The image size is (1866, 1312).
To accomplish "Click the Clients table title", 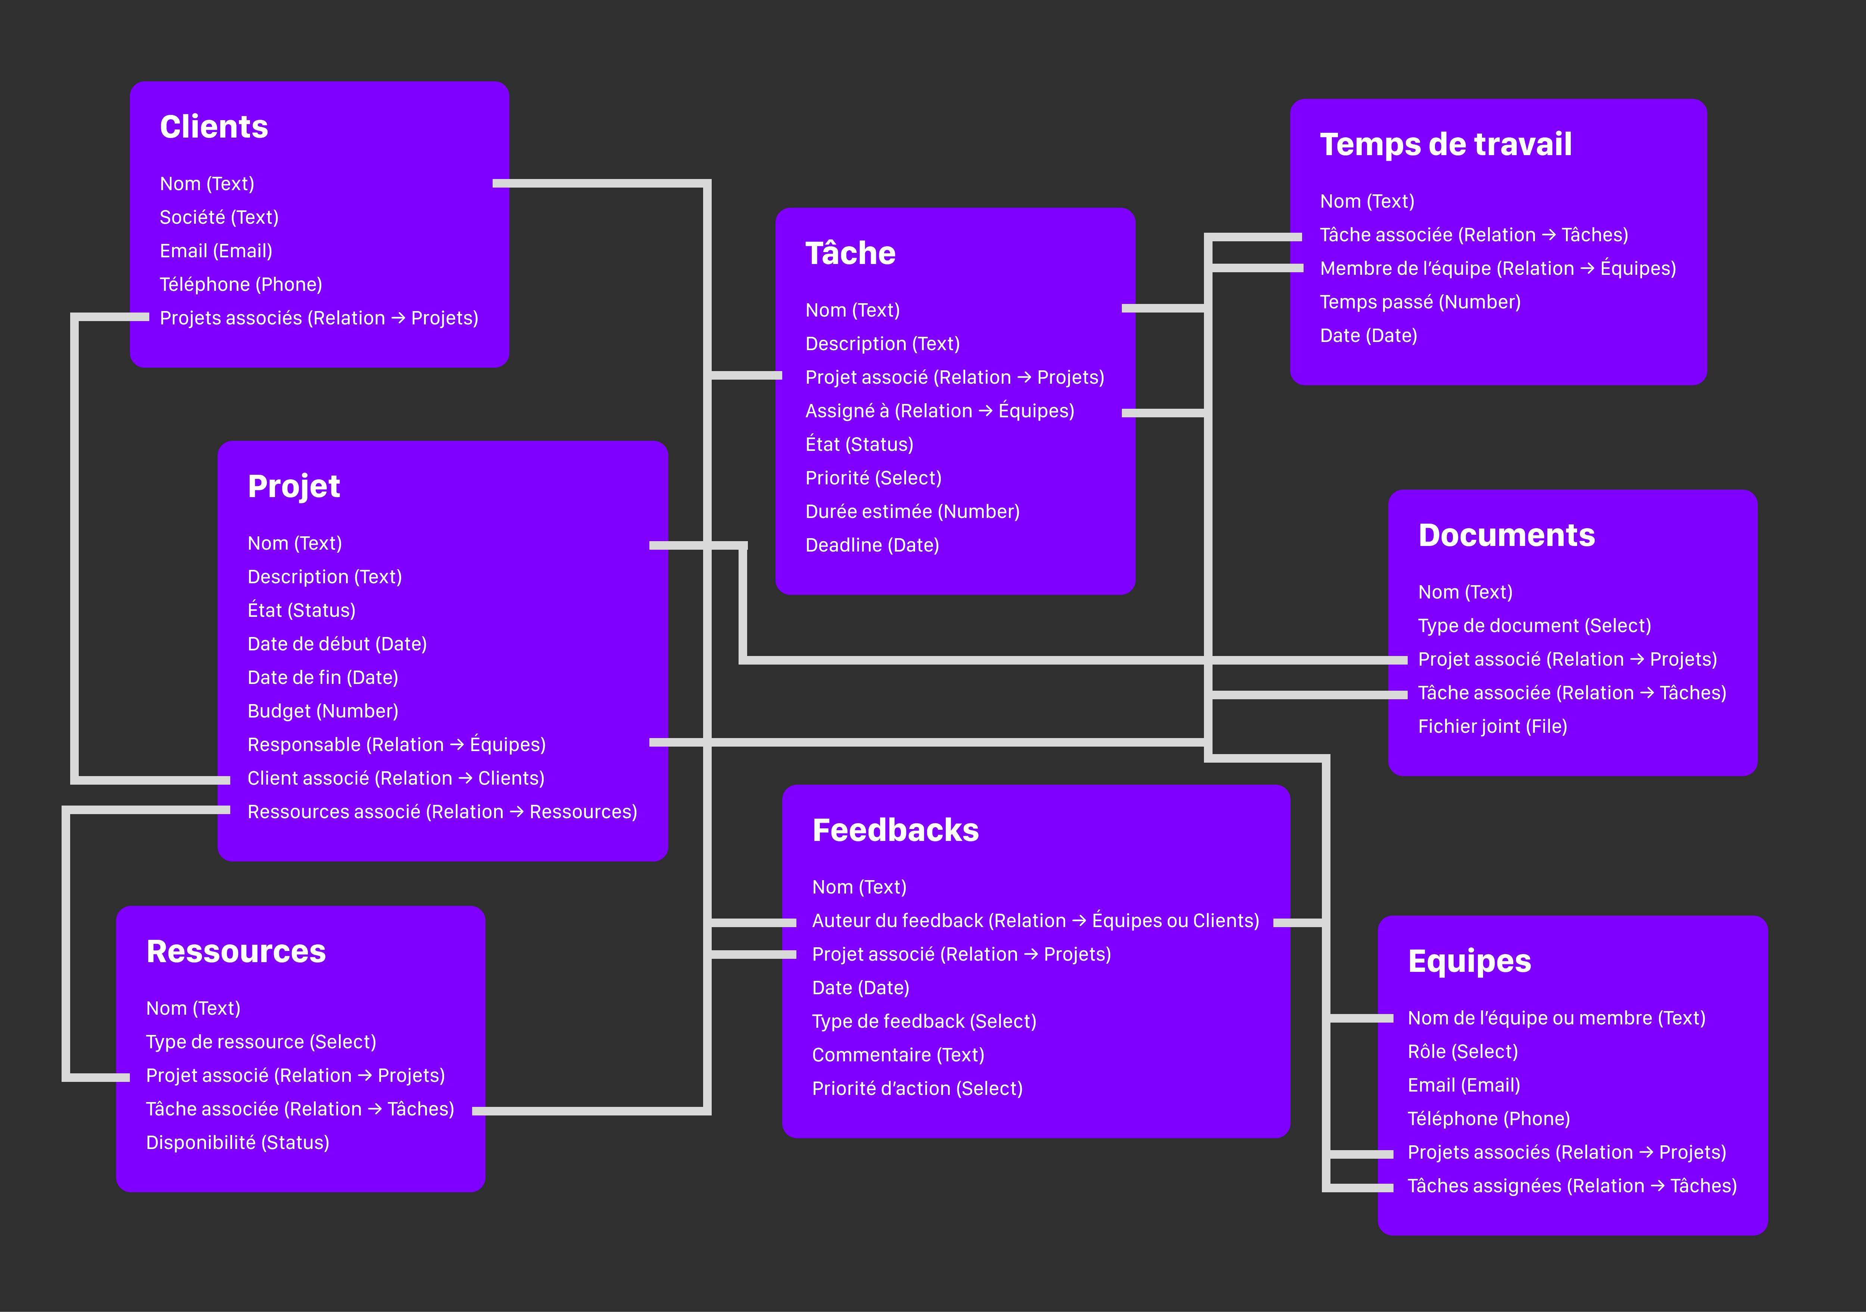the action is coord(214,127).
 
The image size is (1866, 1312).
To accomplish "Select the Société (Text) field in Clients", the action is coord(219,217).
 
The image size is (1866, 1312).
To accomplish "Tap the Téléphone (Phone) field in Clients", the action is coord(241,284).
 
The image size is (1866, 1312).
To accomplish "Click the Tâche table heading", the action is coord(850,252).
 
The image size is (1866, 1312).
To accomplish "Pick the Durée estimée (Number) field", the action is coord(912,512).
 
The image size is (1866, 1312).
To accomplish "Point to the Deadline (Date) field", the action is coord(872,545).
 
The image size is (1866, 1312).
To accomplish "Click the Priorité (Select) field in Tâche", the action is coord(873,478).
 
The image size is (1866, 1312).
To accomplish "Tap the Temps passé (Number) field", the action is coord(1420,302).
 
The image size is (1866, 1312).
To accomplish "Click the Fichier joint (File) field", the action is coord(1492,726).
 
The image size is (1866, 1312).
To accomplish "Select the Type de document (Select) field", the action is coord(1534,625).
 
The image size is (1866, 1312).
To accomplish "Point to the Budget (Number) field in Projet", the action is coord(323,711).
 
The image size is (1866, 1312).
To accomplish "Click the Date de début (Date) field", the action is coord(337,644).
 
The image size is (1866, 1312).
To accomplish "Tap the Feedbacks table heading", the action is coord(896,830).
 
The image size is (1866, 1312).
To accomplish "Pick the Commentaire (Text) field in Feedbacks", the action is coord(898,1054).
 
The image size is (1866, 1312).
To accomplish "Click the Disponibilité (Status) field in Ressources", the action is coord(237,1142).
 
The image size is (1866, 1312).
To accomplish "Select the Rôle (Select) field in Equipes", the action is coord(1462,1051).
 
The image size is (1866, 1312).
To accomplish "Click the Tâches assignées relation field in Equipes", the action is coord(1572,1186).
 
